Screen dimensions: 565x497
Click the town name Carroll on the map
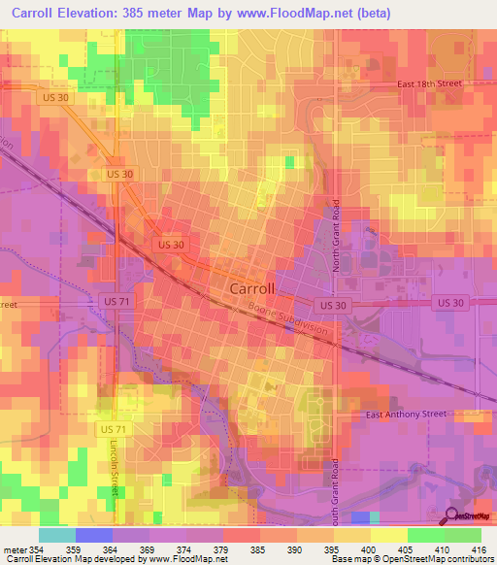click(252, 289)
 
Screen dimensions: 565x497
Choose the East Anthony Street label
click(406, 415)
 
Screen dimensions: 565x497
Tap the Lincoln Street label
click(113, 472)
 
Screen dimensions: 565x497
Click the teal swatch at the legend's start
click(57, 535)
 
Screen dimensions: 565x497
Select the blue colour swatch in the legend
click(94, 535)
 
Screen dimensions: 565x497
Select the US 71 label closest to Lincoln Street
click(113, 428)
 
